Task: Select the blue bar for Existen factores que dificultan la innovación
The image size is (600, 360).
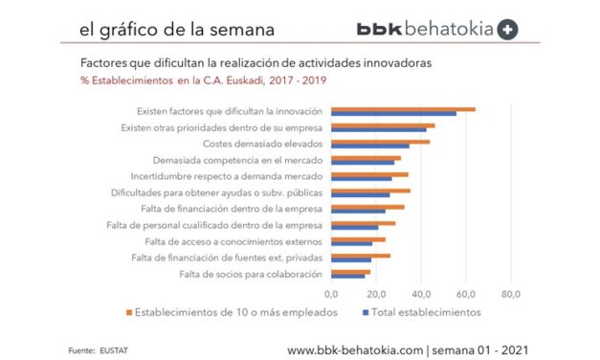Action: click(393, 114)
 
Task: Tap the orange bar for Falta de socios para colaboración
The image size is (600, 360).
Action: click(350, 272)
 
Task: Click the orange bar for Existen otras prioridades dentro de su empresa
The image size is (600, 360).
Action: click(383, 124)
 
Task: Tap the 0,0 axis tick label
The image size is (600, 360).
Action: click(332, 294)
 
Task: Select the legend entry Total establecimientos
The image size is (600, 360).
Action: click(427, 311)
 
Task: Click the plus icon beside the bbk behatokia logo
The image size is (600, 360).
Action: click(508, 30)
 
